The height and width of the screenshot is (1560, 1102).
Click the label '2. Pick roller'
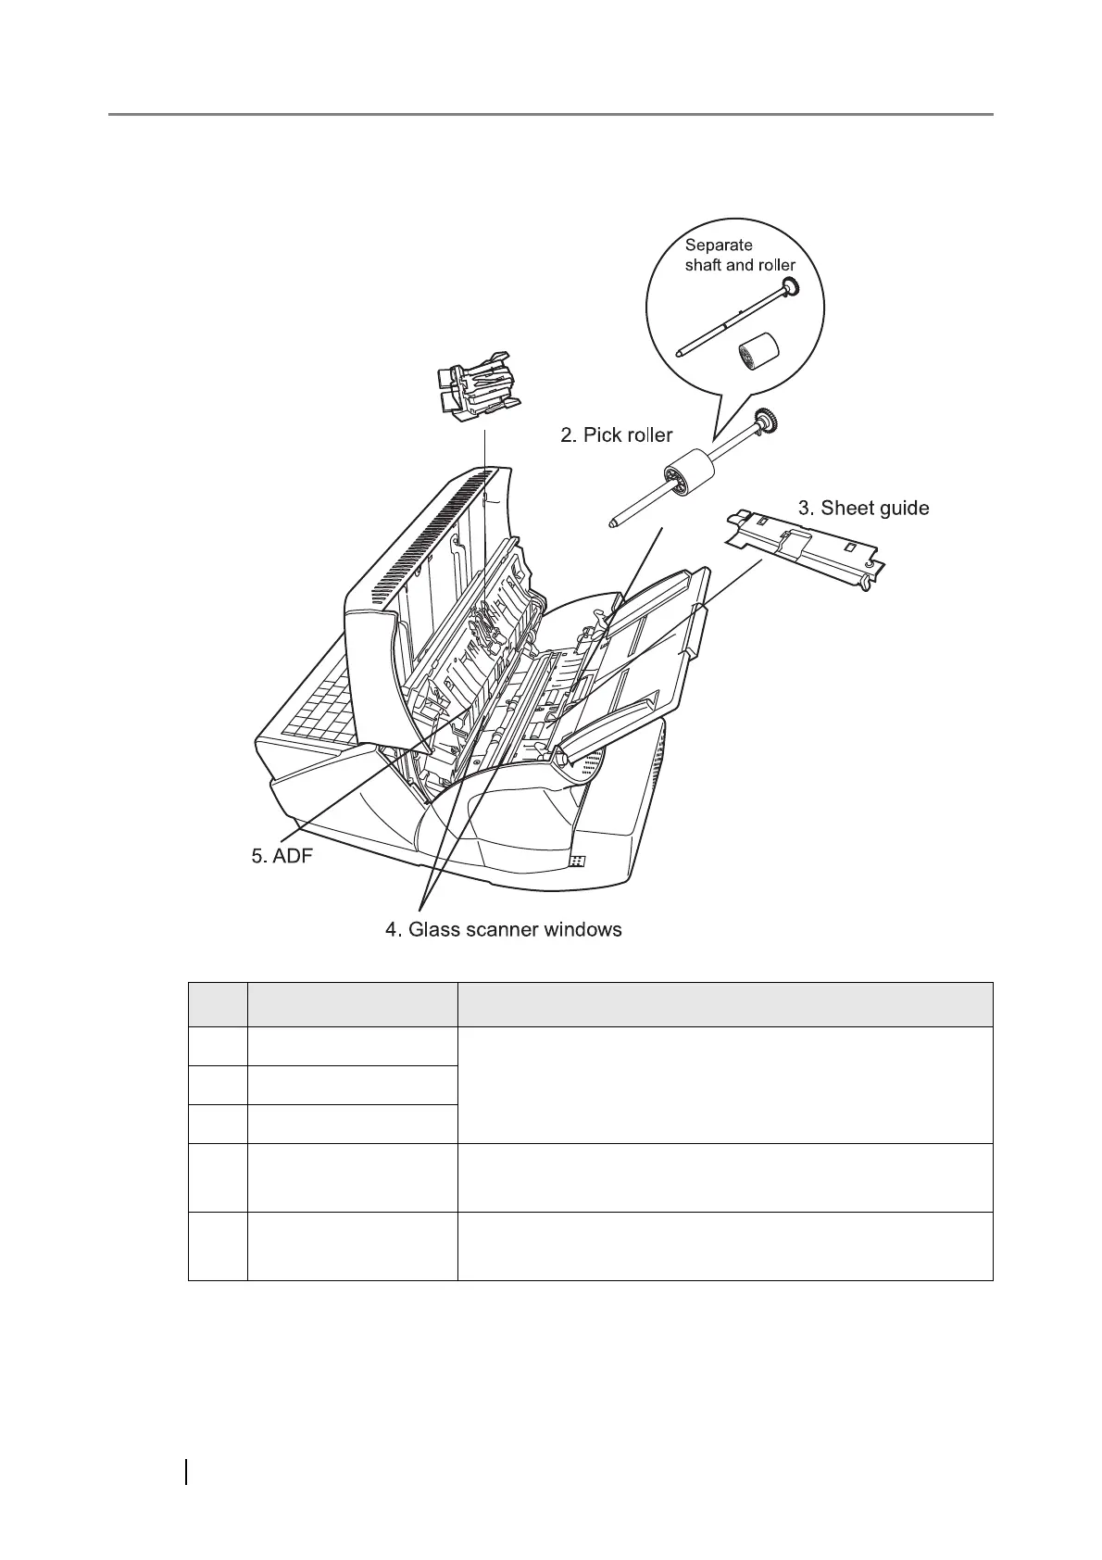pyautogui.click(x=616, y=434)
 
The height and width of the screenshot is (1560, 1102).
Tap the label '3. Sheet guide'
pyautogui.click(x=863, y=508)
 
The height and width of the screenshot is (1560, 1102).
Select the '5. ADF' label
pyautogui.click(x=282, y=856)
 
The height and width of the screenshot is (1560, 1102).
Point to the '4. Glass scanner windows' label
pyautogui.click(x=503, y=929)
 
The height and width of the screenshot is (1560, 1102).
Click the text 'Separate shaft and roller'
pyautogui.click(x=739, y=255)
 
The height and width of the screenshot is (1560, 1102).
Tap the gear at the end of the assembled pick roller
pyautogui.click(x=765, y=421)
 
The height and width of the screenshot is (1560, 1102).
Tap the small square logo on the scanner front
pyautogui.click(x=576, y=861)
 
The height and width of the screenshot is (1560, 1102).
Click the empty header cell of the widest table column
pyautogui.click(x=724, y=1004)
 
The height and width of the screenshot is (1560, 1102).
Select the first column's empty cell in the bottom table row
pyautogui.click(x=218, y=1246)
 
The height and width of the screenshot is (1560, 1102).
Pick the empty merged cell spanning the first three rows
pyautogui.click(x=724, y=1085)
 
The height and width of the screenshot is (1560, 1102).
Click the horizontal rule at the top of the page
pyautogui.click(x=551, y=115)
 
